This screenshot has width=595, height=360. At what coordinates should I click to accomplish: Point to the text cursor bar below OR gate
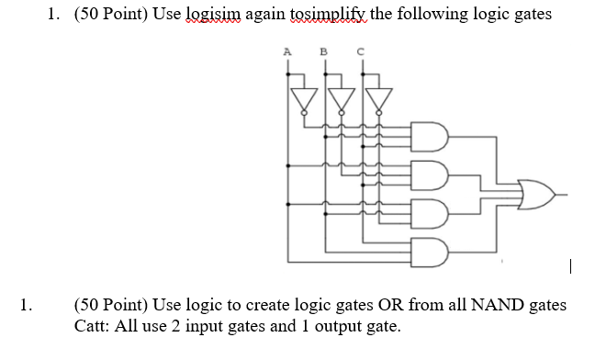[x=571, y=269]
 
